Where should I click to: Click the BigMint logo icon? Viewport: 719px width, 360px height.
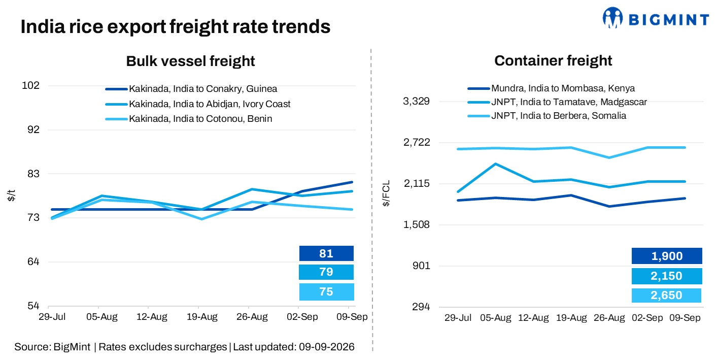[x=612, y=18]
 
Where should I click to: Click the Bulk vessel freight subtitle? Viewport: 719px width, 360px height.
[x=190, y=61]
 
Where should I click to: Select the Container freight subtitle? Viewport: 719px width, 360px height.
[x=553, y=61]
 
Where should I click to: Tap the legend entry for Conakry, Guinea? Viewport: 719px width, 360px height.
[x=191, y=89]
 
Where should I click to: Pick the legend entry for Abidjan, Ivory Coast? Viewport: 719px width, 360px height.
[x=198, y=104]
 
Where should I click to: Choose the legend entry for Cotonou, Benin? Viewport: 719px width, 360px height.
[x=189, y=119]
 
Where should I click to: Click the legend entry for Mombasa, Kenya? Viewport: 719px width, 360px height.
[x=551, y=88]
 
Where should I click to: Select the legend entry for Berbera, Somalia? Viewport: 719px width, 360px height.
[x=546, y=116]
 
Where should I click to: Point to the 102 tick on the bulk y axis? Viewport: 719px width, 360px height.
[x=30, y=85]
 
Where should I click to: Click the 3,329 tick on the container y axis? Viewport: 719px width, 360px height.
[x=416, y=101]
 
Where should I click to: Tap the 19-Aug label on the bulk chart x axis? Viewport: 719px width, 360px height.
[x=202, y=317]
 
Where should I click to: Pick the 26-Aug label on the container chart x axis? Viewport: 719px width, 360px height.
[x=609, y=318]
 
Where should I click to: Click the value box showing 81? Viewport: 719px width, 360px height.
[x=326, y=253]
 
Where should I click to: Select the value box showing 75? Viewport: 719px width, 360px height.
[x=326, y=292]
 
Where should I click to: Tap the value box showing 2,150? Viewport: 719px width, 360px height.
[x=667, y=276]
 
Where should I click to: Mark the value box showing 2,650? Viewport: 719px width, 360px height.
[x=666, y=296]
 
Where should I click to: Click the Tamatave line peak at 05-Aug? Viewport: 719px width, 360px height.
[x=496, y=164]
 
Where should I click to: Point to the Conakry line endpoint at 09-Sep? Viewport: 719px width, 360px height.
[x=352, y=182]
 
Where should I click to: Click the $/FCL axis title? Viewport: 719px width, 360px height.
[x=386, y=193]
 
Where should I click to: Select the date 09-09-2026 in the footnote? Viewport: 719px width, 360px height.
[x=326, y=347]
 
